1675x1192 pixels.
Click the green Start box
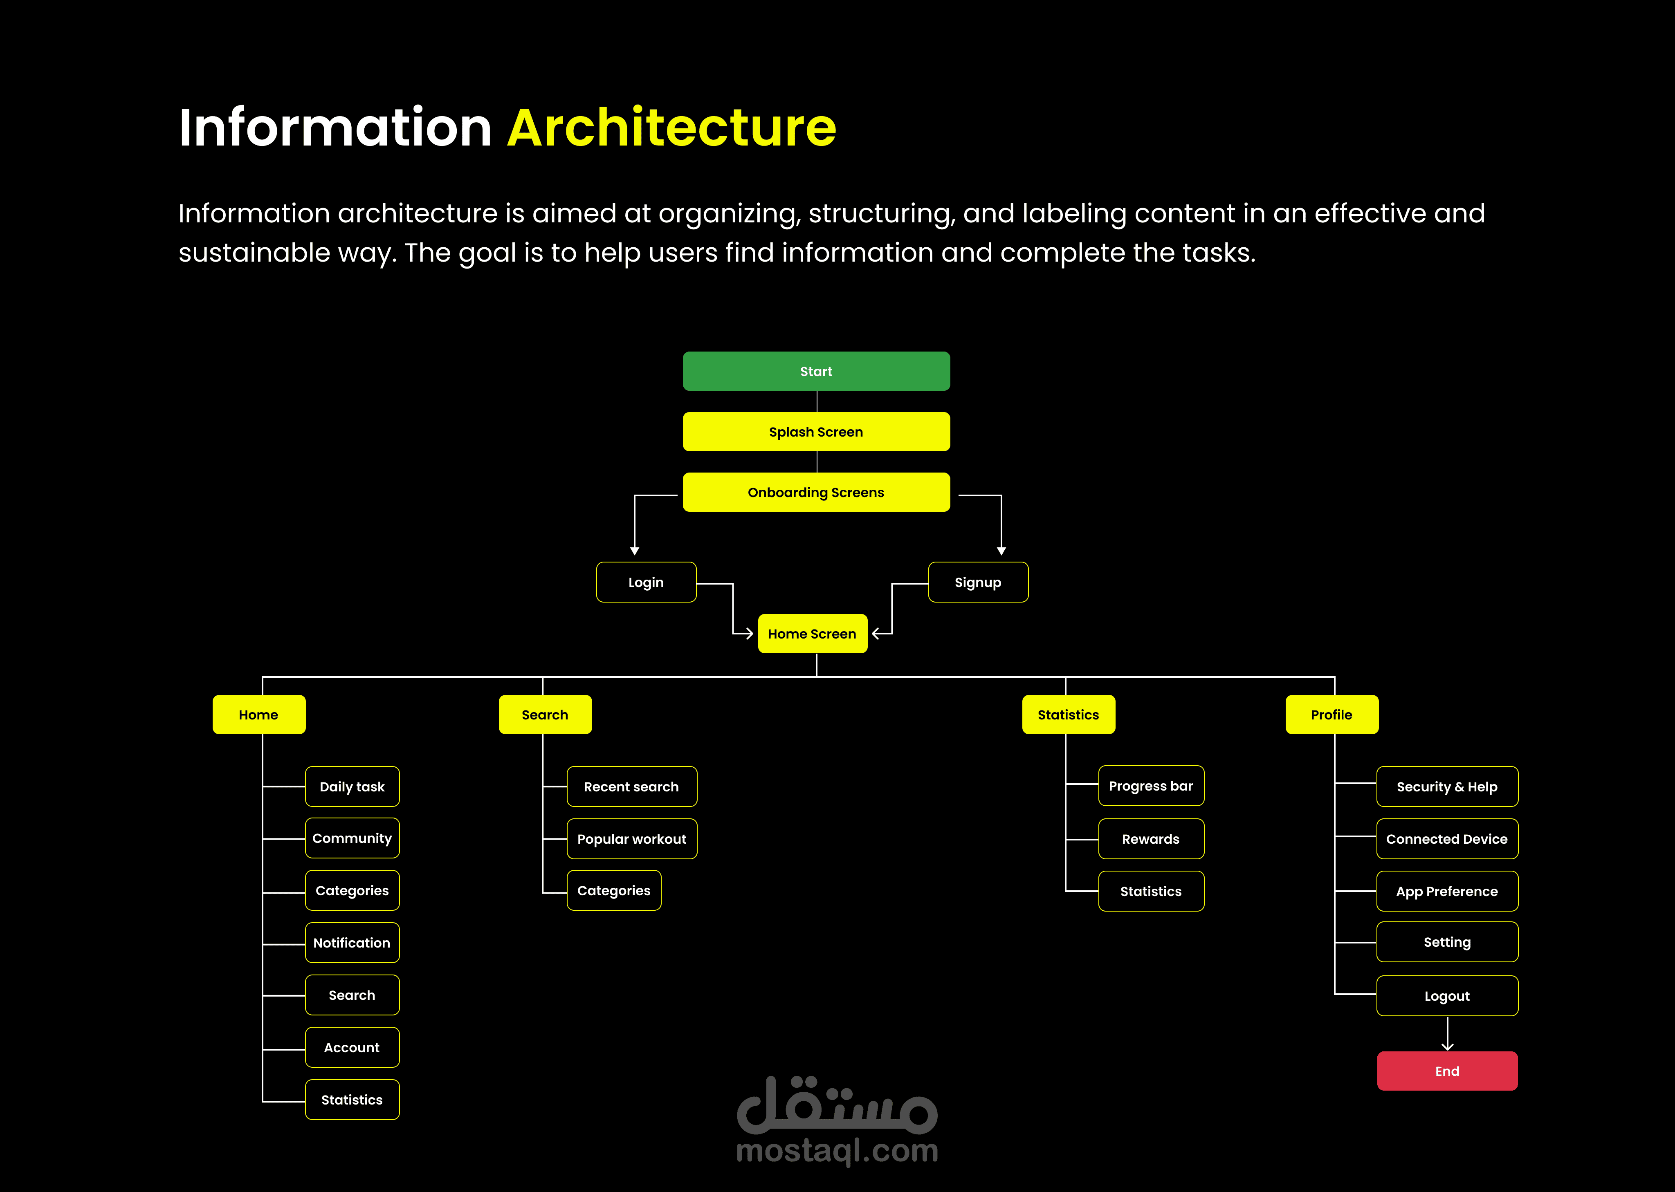[816, 372]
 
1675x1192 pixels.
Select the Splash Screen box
[816, 432]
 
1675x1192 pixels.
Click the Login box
[646, 582]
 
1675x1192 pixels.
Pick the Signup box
[978, 582]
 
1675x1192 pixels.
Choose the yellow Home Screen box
[812, 634]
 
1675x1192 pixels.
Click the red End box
[1447, 1071]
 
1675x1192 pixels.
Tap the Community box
[353, 838]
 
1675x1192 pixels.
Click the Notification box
[353, 943]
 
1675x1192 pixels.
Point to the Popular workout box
[632, 839]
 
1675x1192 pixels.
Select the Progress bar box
[1152, 786]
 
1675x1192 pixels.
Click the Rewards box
[1152, 839]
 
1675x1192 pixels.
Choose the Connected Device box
[1447, 839]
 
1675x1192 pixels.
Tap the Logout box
[1447, 996]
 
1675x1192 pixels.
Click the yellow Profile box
[1332, 714]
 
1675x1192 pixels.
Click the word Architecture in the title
[672, 128]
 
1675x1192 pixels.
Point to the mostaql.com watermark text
[837, 1151]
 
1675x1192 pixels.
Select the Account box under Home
[353, 1047]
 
